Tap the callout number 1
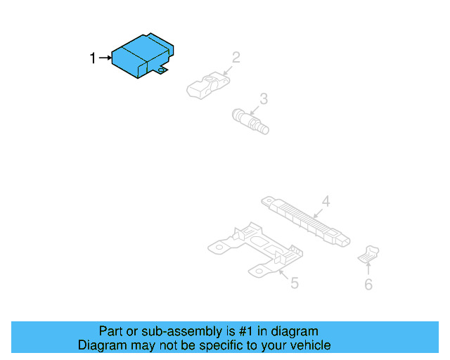point(93,58)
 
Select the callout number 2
point(236,57)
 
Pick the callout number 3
point(264,98)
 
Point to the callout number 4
point(326,201)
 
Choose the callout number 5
point(295,283)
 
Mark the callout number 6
point(368,284)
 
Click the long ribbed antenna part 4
point(307,221)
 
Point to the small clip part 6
point(369,254)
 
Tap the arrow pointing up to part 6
point(368,269)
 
